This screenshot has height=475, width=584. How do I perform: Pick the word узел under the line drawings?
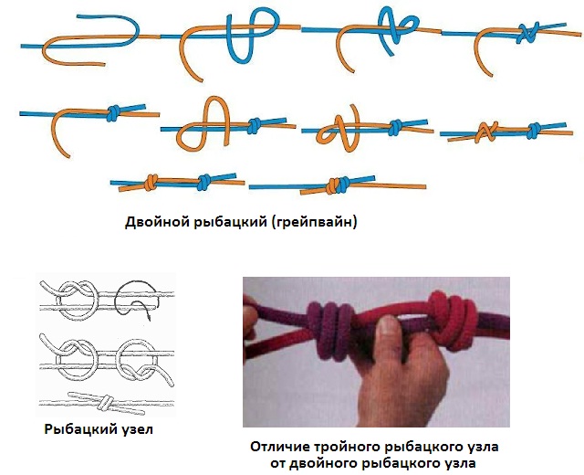(130, 428)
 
